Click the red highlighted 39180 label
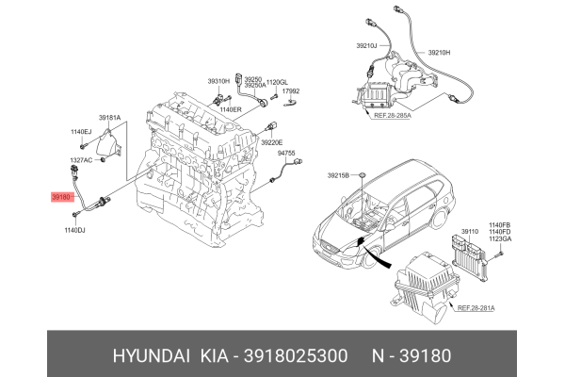coord(62,198)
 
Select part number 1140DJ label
coord(74,230)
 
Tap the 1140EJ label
coord(81,132)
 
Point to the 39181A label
coord(110,118)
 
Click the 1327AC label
coord(81,160)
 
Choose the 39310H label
coord(218,82)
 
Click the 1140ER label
coord(231,109)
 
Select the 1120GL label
coord(278,82)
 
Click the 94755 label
coord(286,153)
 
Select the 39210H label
coord(441,53)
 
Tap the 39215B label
coord(338,175)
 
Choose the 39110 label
coord(469,230)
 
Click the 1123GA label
coord(499,239)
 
